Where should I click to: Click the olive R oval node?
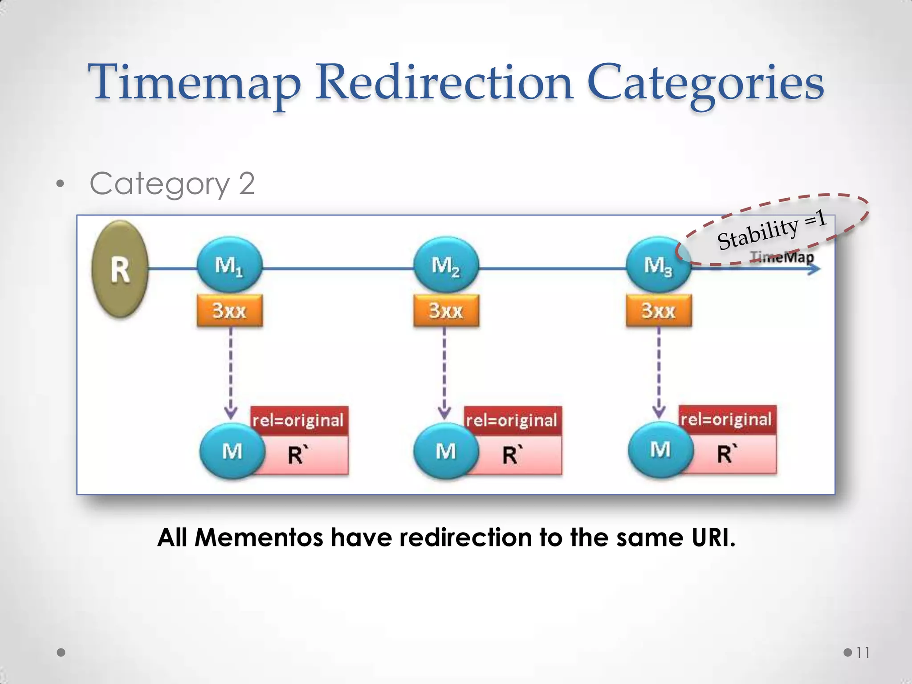[120, 269]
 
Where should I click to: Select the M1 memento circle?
[229, 265]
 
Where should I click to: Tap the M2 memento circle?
[446, 265]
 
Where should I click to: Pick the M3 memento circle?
[658, 265]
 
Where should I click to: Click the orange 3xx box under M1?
[229, 310]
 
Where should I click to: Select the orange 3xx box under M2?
[446, 310]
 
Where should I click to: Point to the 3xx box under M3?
[659, 310]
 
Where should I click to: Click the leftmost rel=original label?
[298, 420]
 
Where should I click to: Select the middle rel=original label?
[512, 420]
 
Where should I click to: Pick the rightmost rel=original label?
[727, 419]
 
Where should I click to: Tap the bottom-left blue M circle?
[232, 451]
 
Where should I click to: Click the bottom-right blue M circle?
[660, 449]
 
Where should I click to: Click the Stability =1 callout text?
[772, 229]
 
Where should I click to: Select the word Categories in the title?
[705, 83]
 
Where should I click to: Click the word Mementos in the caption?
[259, 537]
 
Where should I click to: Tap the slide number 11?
[863, 653]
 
